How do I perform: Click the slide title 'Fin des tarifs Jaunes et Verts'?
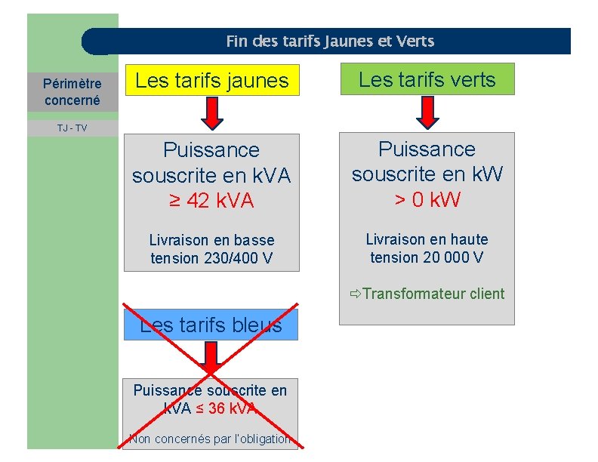point(330,42)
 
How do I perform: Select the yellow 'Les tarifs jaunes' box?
point(212,81)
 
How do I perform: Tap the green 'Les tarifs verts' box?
point(427,79)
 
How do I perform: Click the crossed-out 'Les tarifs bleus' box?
point(211,325)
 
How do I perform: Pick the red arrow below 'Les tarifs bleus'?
point(211,358)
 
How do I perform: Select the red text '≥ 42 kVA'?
point(211,202)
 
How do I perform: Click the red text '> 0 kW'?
point(427,200)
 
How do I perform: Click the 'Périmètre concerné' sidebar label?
point(72,91)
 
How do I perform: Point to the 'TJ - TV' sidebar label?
point(72,128)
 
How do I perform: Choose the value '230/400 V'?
point(239,258)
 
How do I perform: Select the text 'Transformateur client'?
point(433,294)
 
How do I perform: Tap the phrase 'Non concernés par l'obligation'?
point(210,439)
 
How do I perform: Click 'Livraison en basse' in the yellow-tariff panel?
point(211,240)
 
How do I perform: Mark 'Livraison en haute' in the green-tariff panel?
point(427,239)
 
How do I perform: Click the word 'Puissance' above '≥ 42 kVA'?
point(211,150)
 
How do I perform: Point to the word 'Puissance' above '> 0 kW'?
point(427,149)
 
